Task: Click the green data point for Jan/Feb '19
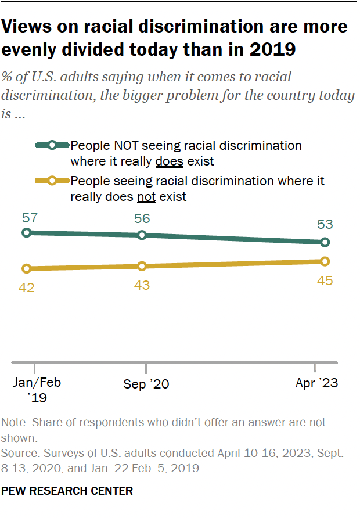coord(26,232)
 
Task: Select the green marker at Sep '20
coord(142,235)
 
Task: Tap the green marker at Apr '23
coord(325,242)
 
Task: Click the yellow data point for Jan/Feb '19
coord(26,268)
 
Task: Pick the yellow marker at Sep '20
coord(142,266)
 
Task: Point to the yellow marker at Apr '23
coord(325,261)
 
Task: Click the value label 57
coord(30,218)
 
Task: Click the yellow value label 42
coord(27,286)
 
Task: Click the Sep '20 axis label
coord(146,384)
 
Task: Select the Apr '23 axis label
coord(316,383)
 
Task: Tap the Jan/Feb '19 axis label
coord(37,390)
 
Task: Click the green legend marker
coord(52,145)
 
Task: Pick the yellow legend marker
coord(52,181)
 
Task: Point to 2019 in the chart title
coord(273,50)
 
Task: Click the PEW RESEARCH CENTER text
coord(67,491)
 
